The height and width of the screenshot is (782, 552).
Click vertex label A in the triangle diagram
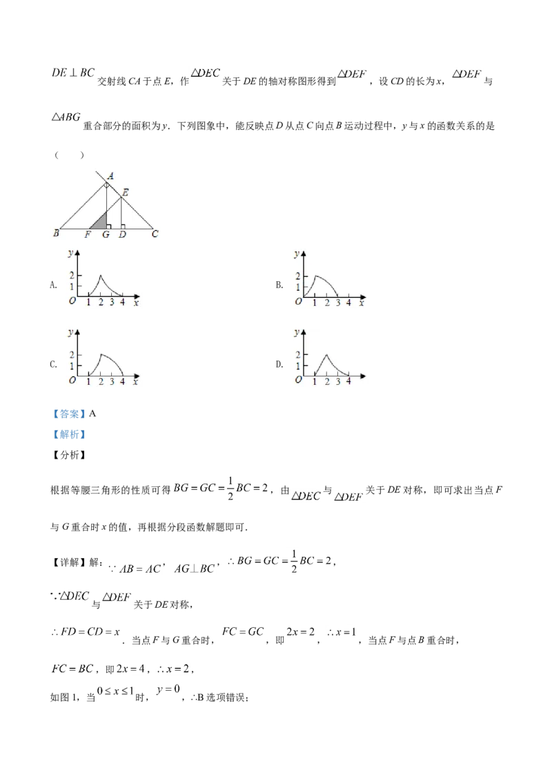click(x=110, y=175)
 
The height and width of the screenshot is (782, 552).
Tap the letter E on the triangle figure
click(x=125, y=192)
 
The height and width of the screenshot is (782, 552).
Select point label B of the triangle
click(x=56, y=234)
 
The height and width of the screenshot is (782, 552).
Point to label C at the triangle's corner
click(x=155, y=234)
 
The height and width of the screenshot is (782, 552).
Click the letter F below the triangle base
click(x=88, y=235)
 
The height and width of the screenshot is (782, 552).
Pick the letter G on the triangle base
click(x=106, y=235)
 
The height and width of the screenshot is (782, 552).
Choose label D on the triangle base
click(x=122, y=235)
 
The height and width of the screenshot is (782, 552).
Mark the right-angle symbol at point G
click(x=109, y=225)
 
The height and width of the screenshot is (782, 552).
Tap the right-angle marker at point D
click(x=123, y=225)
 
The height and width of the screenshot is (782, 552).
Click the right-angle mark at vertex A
click(x=107, y=186)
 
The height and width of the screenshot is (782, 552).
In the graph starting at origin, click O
click(x=298, y=302)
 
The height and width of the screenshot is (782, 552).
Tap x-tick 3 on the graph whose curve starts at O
click(x=337, y=303)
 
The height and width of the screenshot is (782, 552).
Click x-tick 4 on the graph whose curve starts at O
click(x=348, y=303)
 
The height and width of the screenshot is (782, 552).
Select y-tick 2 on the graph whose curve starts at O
click(x=298, y=276)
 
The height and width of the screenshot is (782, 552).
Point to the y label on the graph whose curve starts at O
click(x=297, y=254)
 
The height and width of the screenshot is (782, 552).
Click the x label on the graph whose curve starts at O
click(x=361, y=303)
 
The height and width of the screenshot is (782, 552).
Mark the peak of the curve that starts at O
click(x=315, y=276)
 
